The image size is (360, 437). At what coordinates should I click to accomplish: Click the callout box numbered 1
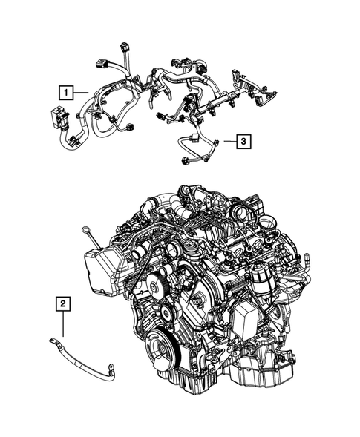67,93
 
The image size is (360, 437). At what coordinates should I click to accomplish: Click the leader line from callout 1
82,93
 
